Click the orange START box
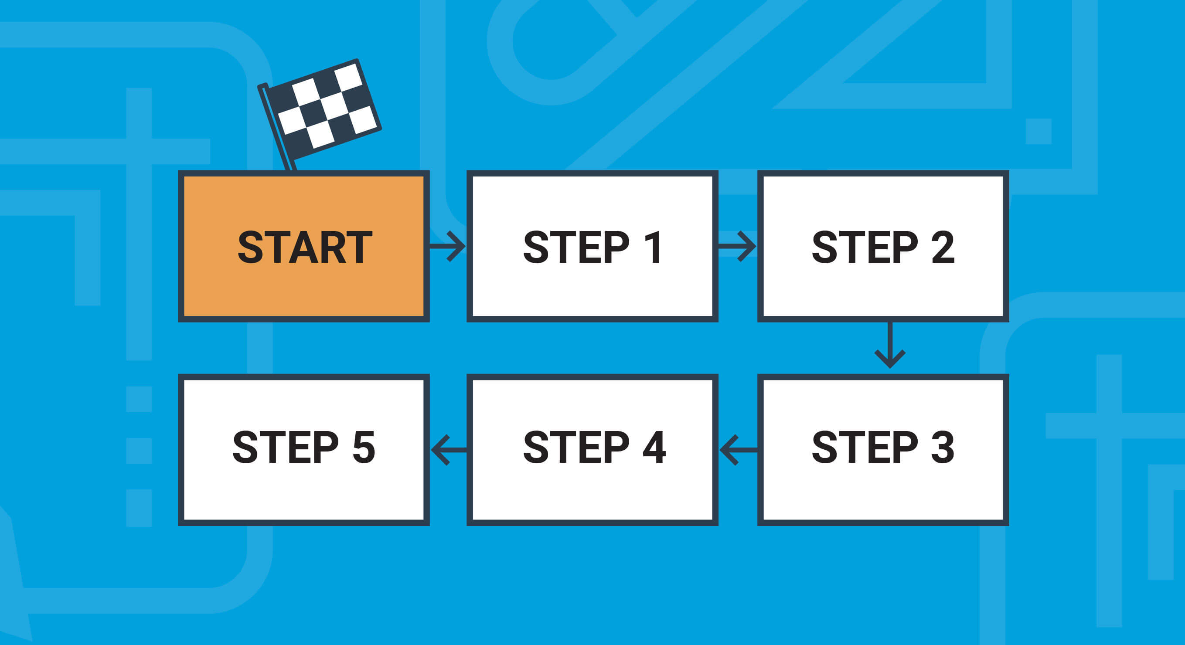303,246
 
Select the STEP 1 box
592,246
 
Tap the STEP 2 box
883,246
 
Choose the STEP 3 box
883,450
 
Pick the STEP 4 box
592,450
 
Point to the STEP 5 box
303,450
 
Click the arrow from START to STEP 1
448,246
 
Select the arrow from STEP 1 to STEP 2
737,246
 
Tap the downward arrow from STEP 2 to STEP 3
890,345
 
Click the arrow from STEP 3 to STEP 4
738,450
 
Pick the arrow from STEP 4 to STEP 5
449,450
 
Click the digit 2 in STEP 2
943,248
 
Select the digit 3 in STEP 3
943,447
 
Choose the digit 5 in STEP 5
364,447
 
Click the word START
304,248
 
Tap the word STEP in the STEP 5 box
286,447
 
